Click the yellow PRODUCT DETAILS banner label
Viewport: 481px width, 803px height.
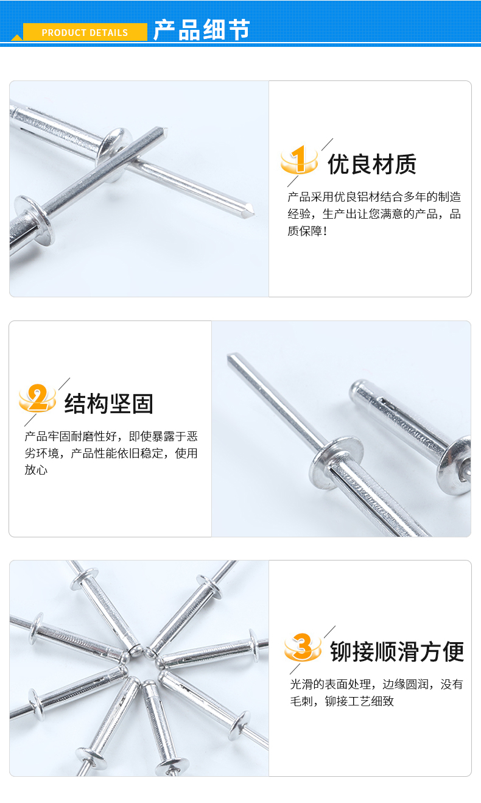[x=85, y=32]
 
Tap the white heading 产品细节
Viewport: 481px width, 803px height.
[x=202, y=30]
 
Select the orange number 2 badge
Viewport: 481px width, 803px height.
[x=37, y=398]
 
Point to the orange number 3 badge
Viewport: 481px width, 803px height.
[x=303, y=647]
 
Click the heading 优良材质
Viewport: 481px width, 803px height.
[x=372, y=164]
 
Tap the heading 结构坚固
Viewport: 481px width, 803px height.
[x=109, y=404]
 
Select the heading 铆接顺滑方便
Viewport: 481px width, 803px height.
[x=397, y=651]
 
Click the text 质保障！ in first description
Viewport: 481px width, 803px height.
[x=307, y=232]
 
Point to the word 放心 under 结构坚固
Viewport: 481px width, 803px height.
[x=36, y=470]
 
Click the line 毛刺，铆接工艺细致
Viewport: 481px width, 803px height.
[x=342, y=701]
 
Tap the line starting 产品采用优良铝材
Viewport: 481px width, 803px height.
[x=374, y=197]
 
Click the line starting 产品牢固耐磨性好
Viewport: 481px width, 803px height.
[x=111, y=436]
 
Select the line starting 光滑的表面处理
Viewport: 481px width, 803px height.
[x=376, y=684]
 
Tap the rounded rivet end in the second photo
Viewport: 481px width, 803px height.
[x=356, y=388]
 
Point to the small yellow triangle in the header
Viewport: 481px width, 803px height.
[x=17, y=38]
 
